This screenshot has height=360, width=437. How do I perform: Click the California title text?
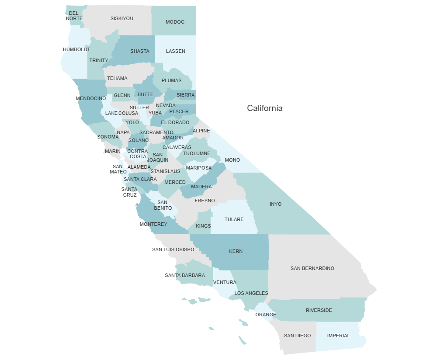click(264, 108)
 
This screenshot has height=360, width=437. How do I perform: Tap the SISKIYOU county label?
click(122, 18)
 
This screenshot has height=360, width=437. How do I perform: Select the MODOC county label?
click(175, 22)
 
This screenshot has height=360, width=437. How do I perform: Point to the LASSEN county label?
click(175, 51)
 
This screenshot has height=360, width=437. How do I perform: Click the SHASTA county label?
click(140, 51)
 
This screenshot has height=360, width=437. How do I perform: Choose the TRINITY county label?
click(99, 60)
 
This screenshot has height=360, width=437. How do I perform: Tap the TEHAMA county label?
click(117, 78)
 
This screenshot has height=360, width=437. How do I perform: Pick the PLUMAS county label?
click(171, 80)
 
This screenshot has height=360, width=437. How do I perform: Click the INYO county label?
click(275, 204)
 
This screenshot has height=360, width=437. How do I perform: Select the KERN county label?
click(236, 251)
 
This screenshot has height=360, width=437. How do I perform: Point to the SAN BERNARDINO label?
click(312, 268)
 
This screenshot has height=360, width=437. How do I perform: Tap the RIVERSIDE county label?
click(319, 310)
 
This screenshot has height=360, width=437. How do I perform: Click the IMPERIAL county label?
click(338, 336)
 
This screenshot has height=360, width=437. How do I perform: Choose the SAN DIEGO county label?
click(297, 336)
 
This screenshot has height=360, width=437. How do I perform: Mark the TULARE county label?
click(234, 219)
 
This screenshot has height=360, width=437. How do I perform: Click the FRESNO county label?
click(205, 201)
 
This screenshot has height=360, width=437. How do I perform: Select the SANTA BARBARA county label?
click(185, 275)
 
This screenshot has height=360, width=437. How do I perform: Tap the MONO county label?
click(232, 160)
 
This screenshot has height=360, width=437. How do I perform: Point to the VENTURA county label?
click(225, 282)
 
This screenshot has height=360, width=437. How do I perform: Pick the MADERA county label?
click(201, 187)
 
